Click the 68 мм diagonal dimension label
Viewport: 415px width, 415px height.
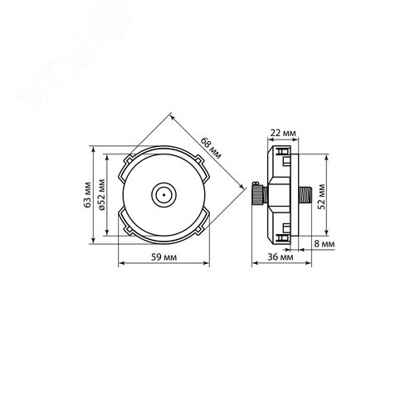point(211,149)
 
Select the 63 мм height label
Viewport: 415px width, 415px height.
point(88,195)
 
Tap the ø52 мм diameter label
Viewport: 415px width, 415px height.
point(102,195)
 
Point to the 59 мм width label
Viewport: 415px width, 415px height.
point(164,257)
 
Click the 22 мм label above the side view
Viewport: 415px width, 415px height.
point(283,133)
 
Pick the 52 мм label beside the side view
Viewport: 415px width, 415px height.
point(322,197)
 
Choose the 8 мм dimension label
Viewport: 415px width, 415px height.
point(325,244)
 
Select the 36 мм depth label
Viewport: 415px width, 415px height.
point(281,257)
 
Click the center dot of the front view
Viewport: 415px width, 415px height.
point(164,195)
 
